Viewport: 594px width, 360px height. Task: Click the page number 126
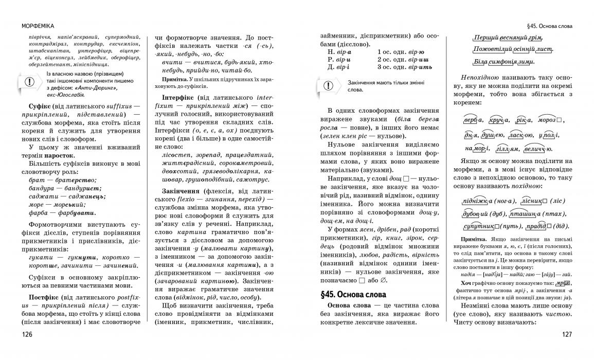coord(27,334)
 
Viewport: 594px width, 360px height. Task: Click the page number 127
coord(567,334)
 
